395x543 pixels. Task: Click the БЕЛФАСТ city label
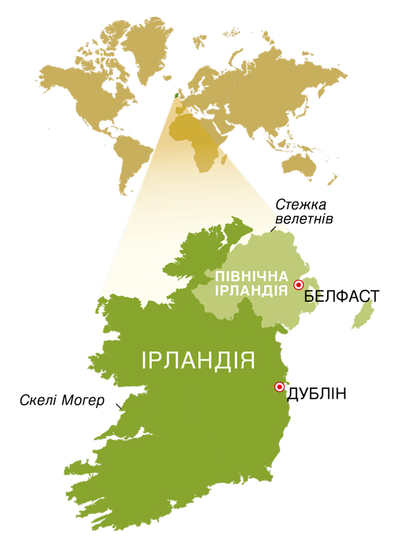point(342,297)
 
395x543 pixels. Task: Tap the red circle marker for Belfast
point(298,285)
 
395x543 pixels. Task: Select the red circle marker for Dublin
point(279,387)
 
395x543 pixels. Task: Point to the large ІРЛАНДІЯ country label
point(198,360)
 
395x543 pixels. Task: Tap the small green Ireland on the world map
point(175,96)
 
